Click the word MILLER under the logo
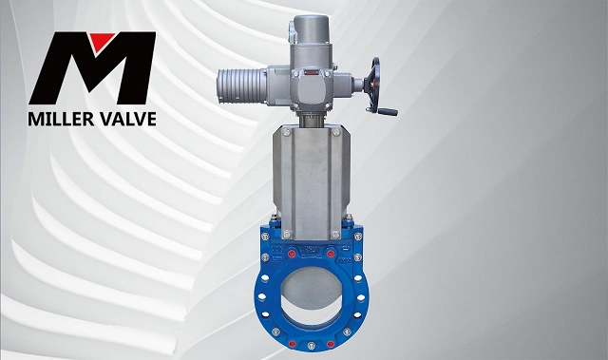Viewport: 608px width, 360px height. pyautogui.click(x=61, y=119)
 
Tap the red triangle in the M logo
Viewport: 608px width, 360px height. pyautogui.click(x=102, y=41)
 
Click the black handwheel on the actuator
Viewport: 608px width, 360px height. pyautogui.click(x=374, y=85)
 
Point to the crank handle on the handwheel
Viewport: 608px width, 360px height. pyautogui.click(x=387, y=111)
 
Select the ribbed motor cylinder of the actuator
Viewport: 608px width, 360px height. pyautogui.click(x=241, y=86)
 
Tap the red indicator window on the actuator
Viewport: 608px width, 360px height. pyautogui.click(x=311, y=72)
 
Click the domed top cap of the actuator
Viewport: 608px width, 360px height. pyautogui.click(x=310, y=29)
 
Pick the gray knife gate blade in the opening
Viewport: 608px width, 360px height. pyautogui.click(x=312, y=288)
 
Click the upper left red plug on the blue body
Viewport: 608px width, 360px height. pyautogui.click(x=292, y=254)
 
